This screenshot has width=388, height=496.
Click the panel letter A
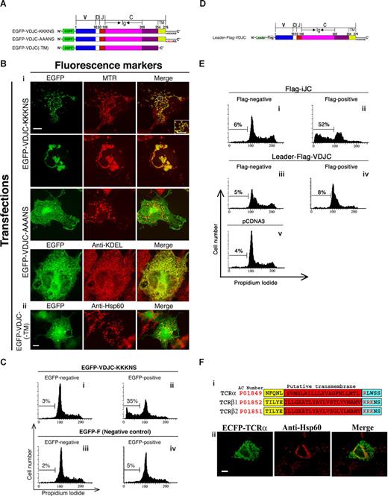tap(5, 5)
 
